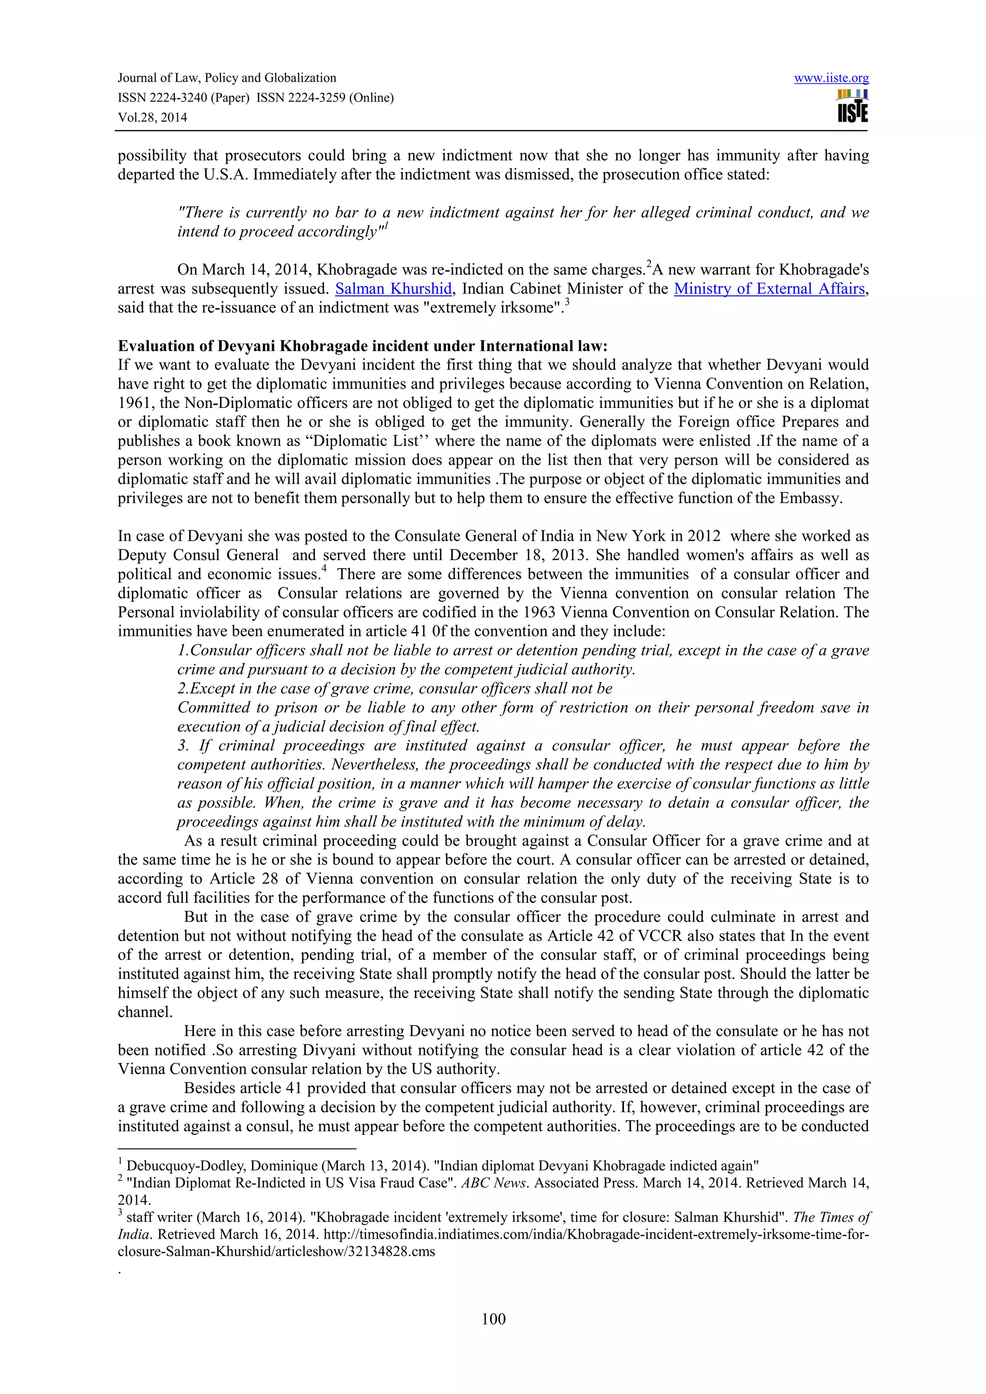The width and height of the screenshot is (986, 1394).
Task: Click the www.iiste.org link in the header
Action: (x=831, y=78)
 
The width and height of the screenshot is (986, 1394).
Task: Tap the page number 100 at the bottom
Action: (x=493, y=1318)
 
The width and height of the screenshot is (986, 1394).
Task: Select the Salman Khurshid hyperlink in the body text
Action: (x=393, y=289)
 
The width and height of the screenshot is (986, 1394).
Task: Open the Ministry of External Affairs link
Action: (x=769, y=289)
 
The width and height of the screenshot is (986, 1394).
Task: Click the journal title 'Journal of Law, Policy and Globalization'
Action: (x=227, y=78)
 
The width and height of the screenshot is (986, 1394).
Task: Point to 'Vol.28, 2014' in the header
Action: (x=153, y=117)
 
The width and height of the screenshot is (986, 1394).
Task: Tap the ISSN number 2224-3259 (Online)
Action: (x=325, y=98)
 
